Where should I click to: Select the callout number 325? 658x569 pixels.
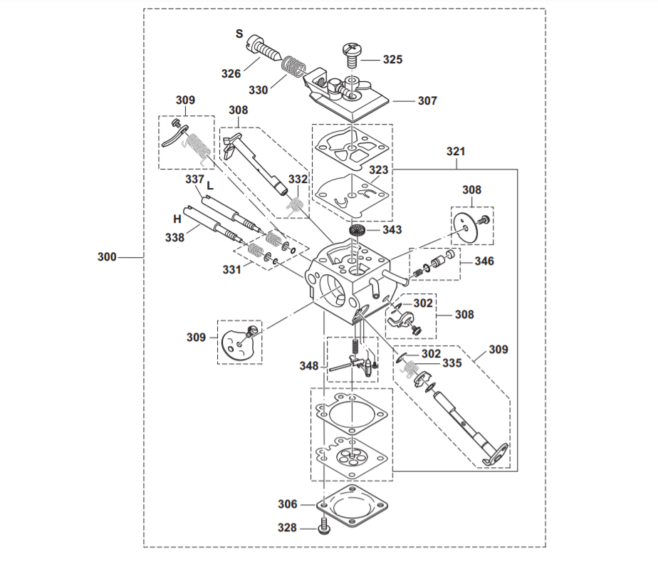pos(392,60)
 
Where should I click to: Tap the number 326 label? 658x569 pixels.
pos(231,73)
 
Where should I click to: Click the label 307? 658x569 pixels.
pos(427,101)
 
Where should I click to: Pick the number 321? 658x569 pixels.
pos(456,152)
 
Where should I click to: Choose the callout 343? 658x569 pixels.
pos(392,229)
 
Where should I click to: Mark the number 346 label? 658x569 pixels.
pos(484,261)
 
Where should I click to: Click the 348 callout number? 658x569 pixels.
pos(308,366)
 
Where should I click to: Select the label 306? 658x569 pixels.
pos(288,504)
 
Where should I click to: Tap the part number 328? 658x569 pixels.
pos(288,528)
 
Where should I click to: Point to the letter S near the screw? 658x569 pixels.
pos(239,33)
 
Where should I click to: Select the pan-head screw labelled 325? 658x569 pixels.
pos(351,54)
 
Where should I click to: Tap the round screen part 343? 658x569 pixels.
pos(357,231)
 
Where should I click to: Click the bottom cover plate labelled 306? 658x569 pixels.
pos(350,510)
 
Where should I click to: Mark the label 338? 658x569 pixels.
pos(175,237)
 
